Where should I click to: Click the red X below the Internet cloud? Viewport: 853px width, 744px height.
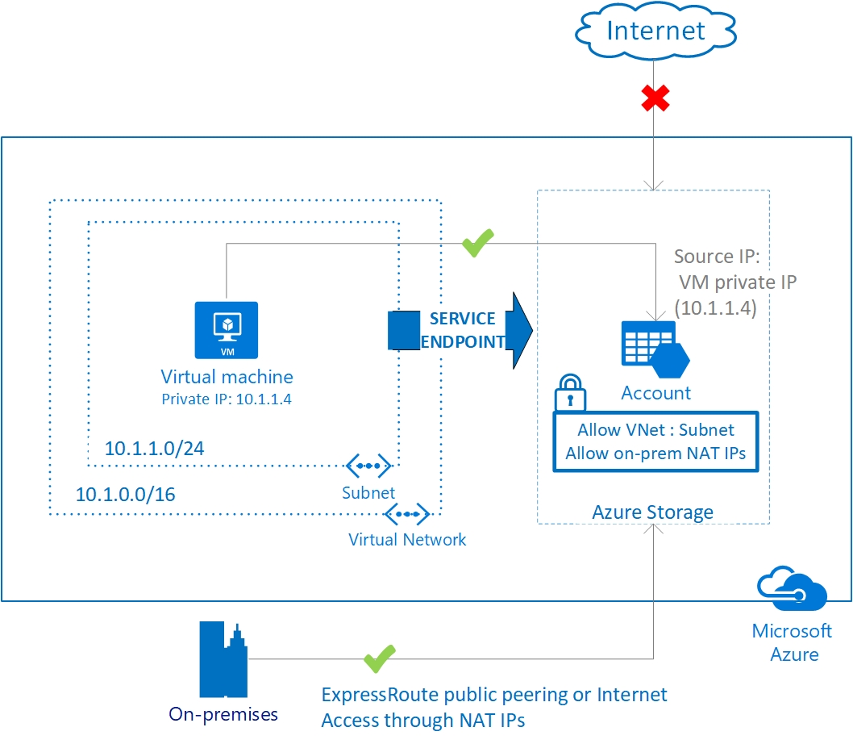tap(656, 98)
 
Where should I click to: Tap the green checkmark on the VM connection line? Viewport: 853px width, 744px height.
tap(477, 242)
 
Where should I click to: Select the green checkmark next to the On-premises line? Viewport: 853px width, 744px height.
tap(379, 658)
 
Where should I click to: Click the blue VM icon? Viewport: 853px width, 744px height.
tap(226, 329)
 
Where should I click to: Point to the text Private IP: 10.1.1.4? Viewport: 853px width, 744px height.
tap(226, 399)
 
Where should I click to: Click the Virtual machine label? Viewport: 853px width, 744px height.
tap(227, 376)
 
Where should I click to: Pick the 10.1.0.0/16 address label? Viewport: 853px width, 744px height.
tap(125, 494)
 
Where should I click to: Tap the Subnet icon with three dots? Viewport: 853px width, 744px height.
tap(368, 466)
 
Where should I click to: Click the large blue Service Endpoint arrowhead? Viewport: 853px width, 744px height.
tap(521, 331)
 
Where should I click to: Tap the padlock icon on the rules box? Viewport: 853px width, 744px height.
tap(569, 392)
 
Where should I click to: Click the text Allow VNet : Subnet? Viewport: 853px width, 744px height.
tap(655, 429)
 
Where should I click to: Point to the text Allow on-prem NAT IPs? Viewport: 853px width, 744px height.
tap(655, 453)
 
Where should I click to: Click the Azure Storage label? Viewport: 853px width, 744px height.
tap(652, 512)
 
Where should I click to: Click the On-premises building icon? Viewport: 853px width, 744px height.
tap(223, 660)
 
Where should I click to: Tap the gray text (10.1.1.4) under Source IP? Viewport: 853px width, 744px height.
tap(714, 307)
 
